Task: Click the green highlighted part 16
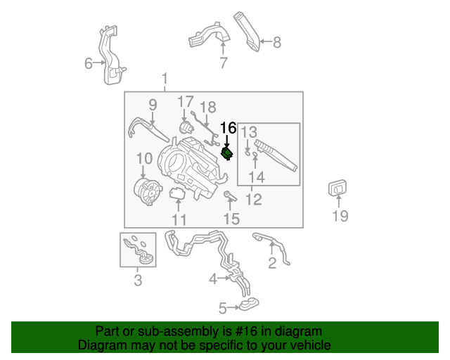(227, 153)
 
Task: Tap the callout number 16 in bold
(229, 128)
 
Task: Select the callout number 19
(340, 216)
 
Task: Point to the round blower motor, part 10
(147, 190)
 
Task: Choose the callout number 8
(276, 42)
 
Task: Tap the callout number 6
(88, 64)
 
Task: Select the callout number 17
(185, 103)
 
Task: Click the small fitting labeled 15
(229, 195)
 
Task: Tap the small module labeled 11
(177, 193)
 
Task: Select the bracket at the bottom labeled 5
(247, 305)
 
